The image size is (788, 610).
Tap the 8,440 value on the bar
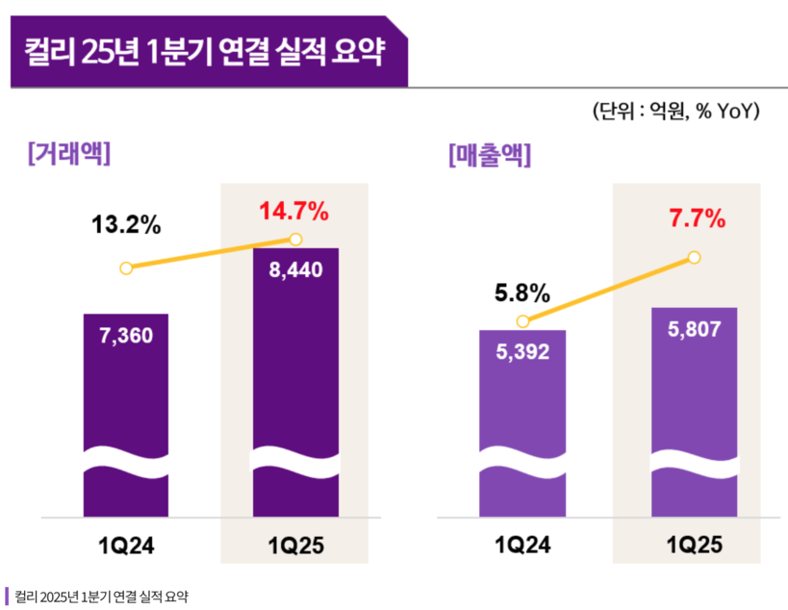295,269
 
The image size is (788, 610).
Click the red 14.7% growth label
294,210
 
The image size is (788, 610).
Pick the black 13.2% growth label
126,226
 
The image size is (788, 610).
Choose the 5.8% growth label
521,292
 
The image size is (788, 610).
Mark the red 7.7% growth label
696,218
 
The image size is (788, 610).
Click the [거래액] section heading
69,153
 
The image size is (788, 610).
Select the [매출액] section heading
490,154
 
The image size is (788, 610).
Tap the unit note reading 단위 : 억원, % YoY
676,112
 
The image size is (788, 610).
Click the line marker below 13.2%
126,268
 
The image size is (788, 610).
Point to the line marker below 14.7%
295,239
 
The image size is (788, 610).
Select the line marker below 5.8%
522,321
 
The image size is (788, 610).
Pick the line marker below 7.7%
695,257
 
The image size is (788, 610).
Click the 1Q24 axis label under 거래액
127,546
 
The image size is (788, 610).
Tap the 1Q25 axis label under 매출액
694,546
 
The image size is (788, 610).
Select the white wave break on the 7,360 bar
126,461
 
